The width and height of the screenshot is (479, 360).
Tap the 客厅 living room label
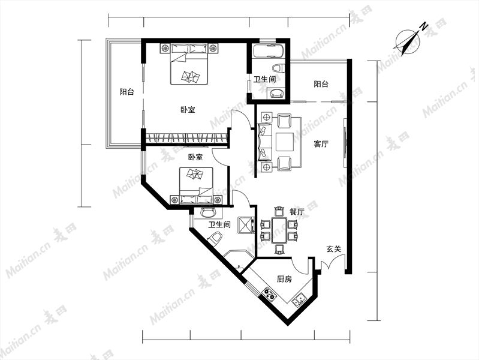click(321, 144)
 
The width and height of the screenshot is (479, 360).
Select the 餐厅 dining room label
click(297, 211)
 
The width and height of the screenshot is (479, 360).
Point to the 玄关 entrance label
click(333, 249)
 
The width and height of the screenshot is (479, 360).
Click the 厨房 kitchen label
click(284, 279)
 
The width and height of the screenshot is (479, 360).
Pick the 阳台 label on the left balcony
click(126, 92)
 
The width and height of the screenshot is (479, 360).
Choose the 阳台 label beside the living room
click(321, 84)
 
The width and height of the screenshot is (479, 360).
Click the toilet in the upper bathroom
click(278, 68)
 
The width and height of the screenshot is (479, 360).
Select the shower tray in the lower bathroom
click(246, 226)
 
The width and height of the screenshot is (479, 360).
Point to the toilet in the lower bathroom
click(215, 238)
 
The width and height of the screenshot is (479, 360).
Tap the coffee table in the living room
click(285, 142)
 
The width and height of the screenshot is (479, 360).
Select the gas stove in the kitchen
click(269, 294)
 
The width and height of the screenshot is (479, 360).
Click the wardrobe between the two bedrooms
click(186, 138)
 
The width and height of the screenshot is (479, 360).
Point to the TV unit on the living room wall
click(345, 143)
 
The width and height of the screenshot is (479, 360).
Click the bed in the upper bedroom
click(189, 64)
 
